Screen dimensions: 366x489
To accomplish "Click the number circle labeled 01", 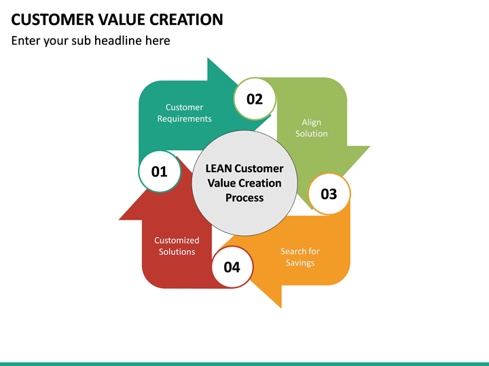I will (160, 171).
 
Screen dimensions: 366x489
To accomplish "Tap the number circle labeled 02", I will (255, 99).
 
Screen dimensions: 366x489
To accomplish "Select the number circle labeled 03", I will (329, 194).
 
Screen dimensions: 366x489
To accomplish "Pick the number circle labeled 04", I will (232, 266).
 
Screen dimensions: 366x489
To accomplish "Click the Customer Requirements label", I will (184, 113).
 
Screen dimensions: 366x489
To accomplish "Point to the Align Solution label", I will (311, 128).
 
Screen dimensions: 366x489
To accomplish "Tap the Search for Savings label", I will (300, 257).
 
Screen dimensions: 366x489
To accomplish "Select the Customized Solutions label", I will (177, 246).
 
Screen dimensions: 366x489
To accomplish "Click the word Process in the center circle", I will (244, 198).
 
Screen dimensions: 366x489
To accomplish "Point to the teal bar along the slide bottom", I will (244, 364).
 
